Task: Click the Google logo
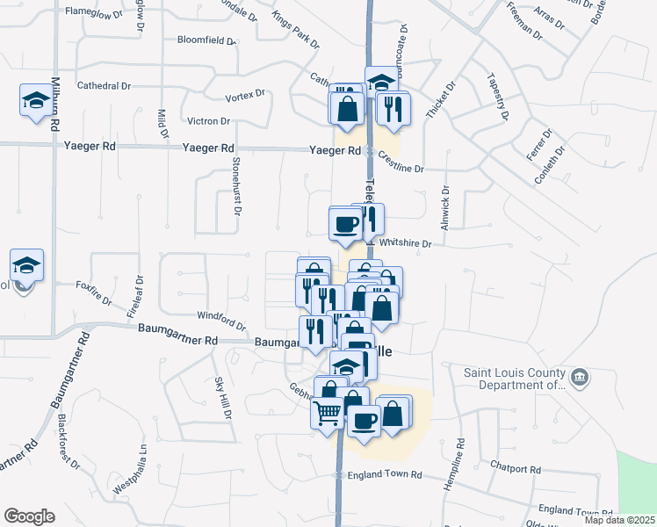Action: [29, 516]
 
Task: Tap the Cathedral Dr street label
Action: [104, 86]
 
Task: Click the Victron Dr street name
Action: [208, 121]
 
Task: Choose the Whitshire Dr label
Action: [405, 244]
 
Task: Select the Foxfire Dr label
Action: [94, 292]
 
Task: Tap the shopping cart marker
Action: [328, 412]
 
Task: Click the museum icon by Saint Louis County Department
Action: [580, 379]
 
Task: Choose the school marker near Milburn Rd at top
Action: [36, 101]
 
